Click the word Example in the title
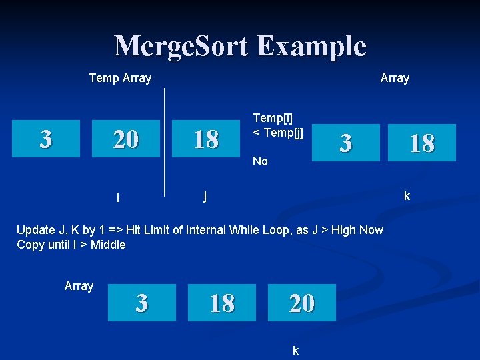311,47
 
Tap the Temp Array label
120,78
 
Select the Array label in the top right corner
395,78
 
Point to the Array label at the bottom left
79,286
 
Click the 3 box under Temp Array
45,139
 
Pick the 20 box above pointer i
126,139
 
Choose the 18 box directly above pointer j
206,139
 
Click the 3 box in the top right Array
345,143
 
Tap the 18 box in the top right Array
422,143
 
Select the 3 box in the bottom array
141,303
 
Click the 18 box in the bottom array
222,303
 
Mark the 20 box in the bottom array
302,303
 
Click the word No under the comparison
260,161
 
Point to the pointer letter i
117,197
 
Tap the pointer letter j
205,196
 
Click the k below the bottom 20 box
295,350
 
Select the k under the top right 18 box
407,196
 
